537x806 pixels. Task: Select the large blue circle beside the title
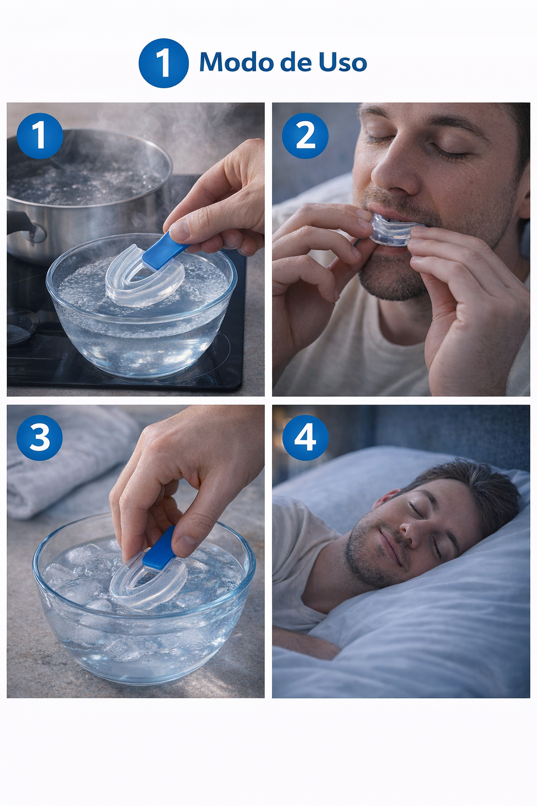pos(164,63)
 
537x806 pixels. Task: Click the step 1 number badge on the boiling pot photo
pos(40,136)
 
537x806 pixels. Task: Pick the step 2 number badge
pos(305,136)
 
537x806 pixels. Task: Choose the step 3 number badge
pos(39,438)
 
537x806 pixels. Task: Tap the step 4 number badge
pos(305,438)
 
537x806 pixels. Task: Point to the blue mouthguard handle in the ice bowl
pos(159,549)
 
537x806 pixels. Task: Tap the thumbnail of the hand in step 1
pos(179,231)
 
